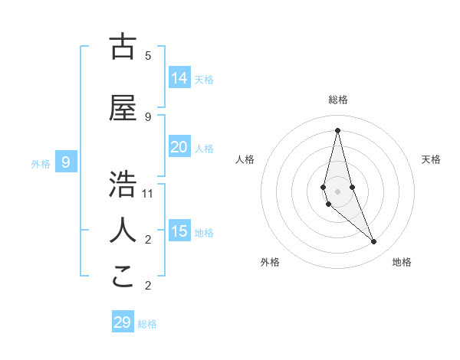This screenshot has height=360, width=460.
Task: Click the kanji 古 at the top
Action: [x=123, y=47]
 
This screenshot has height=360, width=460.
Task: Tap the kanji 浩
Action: [x=123, y=185]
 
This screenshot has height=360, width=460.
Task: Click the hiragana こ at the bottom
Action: [x=123, y=277]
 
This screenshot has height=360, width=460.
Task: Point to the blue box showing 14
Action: [x=179, y=78]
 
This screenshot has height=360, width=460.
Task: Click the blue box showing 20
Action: [x=179, y=147]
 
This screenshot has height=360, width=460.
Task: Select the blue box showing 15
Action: [x=179, y=231]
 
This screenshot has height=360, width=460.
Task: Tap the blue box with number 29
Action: [x=123, y=322]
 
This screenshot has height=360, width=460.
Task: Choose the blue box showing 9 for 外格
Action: [x=67, y=162]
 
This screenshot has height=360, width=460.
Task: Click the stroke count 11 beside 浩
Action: [x=148, y=194]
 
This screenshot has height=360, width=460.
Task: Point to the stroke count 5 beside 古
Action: [x=148, y=56]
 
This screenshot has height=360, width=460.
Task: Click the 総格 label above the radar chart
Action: [x=338, y=100]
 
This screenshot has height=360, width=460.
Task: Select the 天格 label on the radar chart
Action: [x=431, y=159]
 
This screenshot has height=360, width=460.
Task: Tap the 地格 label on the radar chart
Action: [x=402, y=262]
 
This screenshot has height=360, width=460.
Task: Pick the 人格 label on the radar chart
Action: [x=245, y=159]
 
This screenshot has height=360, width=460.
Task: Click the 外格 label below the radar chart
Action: [x=270, y=262]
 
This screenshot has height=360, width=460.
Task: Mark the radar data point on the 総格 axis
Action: [x=337, y=130]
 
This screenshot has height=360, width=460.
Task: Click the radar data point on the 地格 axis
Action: [x=374, y=242]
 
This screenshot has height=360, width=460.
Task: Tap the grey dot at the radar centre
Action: [x=337, y=191]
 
